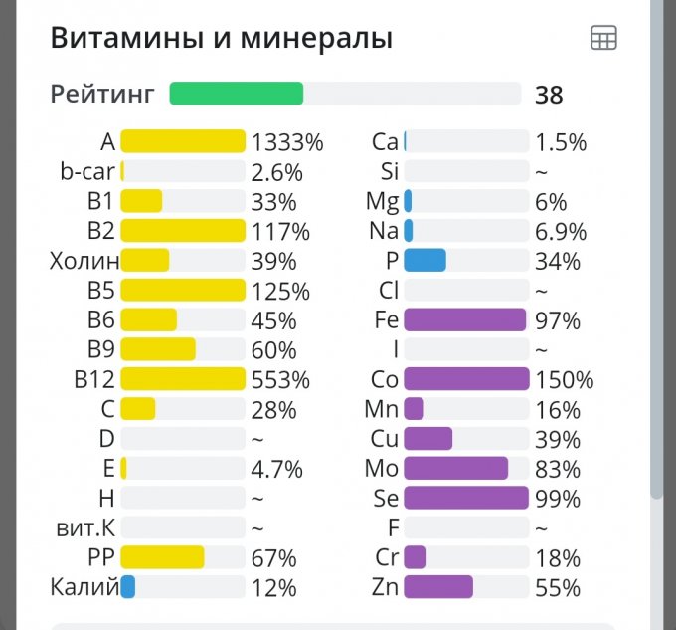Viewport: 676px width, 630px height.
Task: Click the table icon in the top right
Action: click(x=603, y=39)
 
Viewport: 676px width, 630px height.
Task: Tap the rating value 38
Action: click(x=549, y=95)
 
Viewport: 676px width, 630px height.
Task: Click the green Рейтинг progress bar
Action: click(x=237, y=94)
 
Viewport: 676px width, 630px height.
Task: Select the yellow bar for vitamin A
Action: click(x=183, y=141)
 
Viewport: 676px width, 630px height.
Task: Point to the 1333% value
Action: click(x=287, y=142)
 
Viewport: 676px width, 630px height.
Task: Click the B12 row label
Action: click(x=97, y=380)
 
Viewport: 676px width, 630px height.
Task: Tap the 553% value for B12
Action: click(x=280, y=380)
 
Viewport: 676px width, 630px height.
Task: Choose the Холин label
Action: click(x=84, y=262)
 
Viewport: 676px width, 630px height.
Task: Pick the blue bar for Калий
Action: click(x=127, y=587)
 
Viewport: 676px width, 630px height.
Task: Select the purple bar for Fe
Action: click(x=464, y=320)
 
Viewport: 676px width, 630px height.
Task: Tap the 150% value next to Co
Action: click(x=564, y=380)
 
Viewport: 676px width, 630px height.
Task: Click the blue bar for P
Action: click(x=424, y=261)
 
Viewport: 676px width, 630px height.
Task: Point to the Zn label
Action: click(x=385, y=587)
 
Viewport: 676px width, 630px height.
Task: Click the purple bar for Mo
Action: click(x=455, y=469)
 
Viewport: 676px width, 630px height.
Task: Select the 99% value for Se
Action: click(x=558, y=499)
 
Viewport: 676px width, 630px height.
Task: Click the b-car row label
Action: click(x=87, y=171)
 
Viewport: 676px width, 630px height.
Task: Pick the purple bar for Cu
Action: click(x=427, y=439)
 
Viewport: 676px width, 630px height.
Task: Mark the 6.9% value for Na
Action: click(x=561, y=232)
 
